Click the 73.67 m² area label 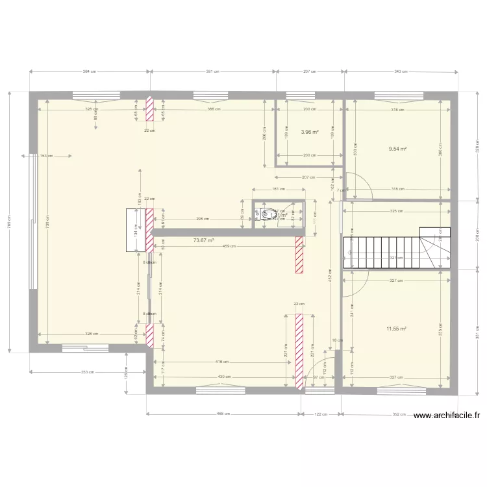click(x=203, y=240)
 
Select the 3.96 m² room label click(x=309, y=132)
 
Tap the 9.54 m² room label click(x=397, y=149)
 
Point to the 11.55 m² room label click(x=396, y=329)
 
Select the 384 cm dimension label click(x=90, y=71)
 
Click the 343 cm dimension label click(x=400, y=71)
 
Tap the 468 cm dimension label click(x=223, y=413)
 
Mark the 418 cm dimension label click(x=222, y=362)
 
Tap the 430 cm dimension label click(x=223, y=377)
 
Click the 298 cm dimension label click(x=203, y=219)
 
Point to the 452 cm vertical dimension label click(x=330, y=275)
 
